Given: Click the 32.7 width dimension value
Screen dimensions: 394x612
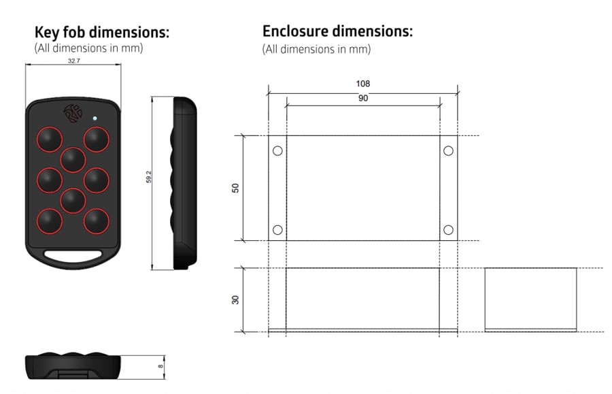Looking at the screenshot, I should pyautogui.click(x=73, y=61).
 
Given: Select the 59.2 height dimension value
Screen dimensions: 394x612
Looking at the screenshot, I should pyautogui.click(x=148, y=178).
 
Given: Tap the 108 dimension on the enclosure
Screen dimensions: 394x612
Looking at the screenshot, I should pyautogui.click(x=363, y=84).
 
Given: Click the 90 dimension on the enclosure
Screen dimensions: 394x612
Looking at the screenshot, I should pyautogui.click(x=363, y=99).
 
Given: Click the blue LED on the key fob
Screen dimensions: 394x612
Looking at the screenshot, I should pyautogui.click(x=95, y=118).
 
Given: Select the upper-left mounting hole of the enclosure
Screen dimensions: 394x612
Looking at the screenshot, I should pyautogui.click(x=277, y=151).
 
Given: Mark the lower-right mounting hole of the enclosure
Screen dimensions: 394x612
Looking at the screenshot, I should pyautogui.click(x=448, y=230).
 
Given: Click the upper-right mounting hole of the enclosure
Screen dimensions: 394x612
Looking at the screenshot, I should pyautogui.click(x=448, y=151).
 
